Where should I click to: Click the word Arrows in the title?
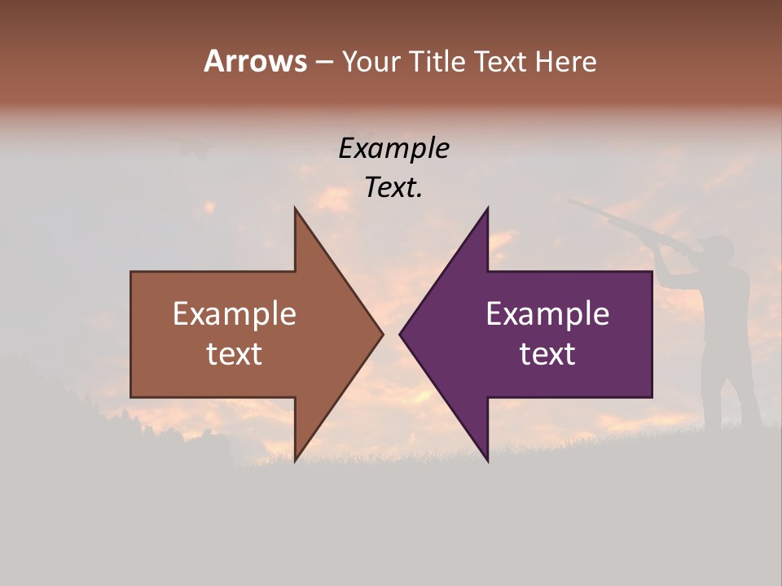[255, 61]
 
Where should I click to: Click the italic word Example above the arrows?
[393, 149]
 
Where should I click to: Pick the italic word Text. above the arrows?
[393, 188]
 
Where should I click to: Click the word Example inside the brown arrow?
[235, 314]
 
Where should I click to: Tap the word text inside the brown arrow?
[235, 354]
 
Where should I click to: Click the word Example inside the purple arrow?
[547, 314]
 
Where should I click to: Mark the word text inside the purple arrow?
[547, 354]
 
